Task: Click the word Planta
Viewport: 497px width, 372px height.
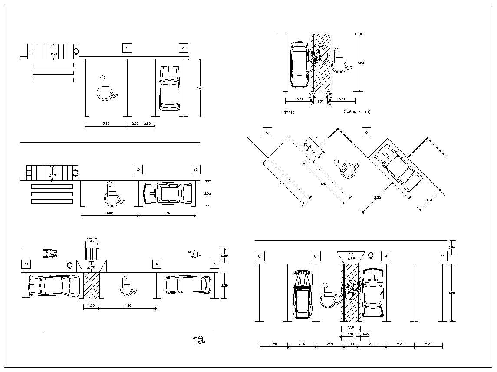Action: coord(288,112)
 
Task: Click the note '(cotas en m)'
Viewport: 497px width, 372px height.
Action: coord(356,112)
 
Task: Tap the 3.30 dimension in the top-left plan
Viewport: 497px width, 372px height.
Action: coord(105,124)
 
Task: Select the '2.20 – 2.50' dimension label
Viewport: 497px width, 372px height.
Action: coord(141,124)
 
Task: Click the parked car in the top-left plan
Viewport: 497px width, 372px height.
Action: coord(169,88)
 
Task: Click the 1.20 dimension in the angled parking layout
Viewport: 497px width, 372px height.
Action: coord(318,157)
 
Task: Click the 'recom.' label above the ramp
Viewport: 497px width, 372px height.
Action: coord(91,238)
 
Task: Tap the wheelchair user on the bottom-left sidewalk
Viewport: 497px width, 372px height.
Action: coord(50,254)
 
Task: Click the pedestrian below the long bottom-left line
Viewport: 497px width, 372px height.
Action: coord(199,340)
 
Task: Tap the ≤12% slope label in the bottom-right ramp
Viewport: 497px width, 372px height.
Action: coord(350,258)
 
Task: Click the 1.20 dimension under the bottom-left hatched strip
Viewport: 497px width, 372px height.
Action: coord(91,306)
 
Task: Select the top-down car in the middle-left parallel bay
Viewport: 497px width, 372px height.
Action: coord(168,193)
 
